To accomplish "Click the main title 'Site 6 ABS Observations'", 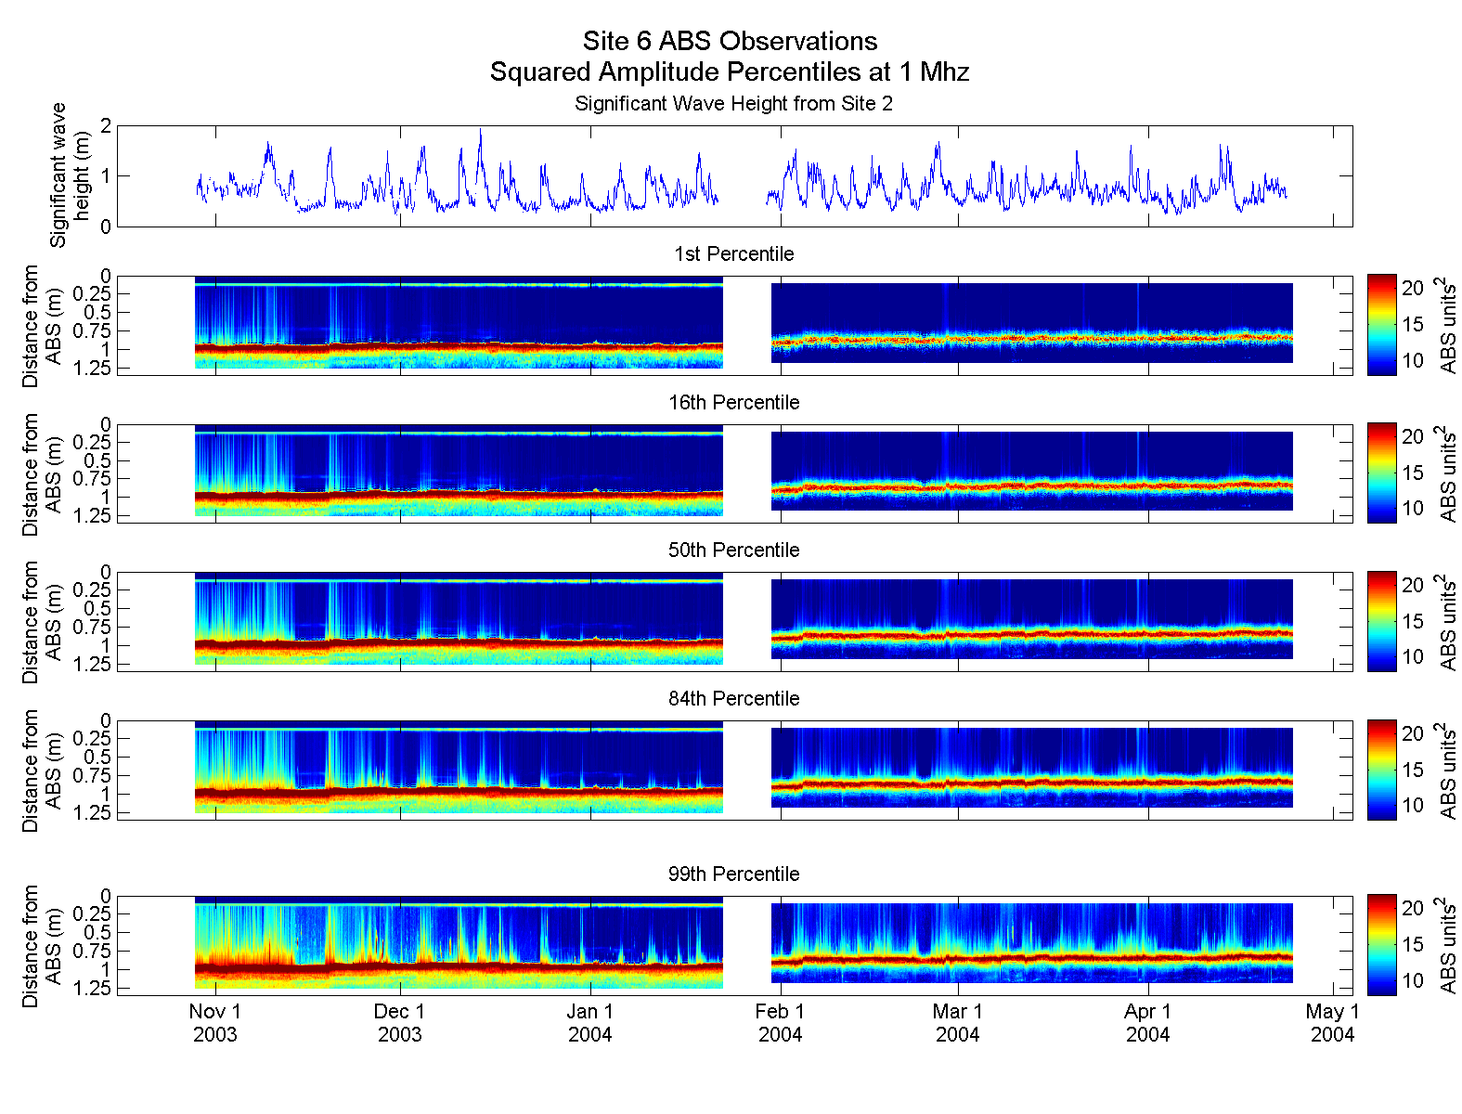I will coord(730,42).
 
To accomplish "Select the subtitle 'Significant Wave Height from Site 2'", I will coord(733,103).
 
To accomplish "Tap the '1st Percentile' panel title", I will coord(733,254).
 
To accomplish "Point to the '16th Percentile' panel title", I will coord(733,403).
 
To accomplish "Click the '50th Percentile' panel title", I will coord(733,551).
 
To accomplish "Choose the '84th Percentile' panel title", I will coord(733,699).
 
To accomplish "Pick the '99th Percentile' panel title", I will coord(733,874).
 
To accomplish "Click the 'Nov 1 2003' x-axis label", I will coord(215,1023).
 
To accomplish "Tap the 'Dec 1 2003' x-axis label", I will coord(400,1023).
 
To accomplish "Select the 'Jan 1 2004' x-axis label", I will coord(590,1023).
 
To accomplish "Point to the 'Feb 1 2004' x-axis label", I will coord(781,1023).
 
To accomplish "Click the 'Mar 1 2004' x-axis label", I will coord(958,1023).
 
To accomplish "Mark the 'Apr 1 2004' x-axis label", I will coord(1148,1023).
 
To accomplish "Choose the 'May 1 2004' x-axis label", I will coord(1333,1023).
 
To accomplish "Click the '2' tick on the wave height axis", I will coord(106,126).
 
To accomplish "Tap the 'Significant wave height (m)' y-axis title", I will coord(70,175).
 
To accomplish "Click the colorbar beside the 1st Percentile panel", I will coord(1381,325).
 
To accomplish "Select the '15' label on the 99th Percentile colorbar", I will coord(1412,945).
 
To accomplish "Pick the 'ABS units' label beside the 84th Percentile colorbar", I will coord(1447,771).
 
